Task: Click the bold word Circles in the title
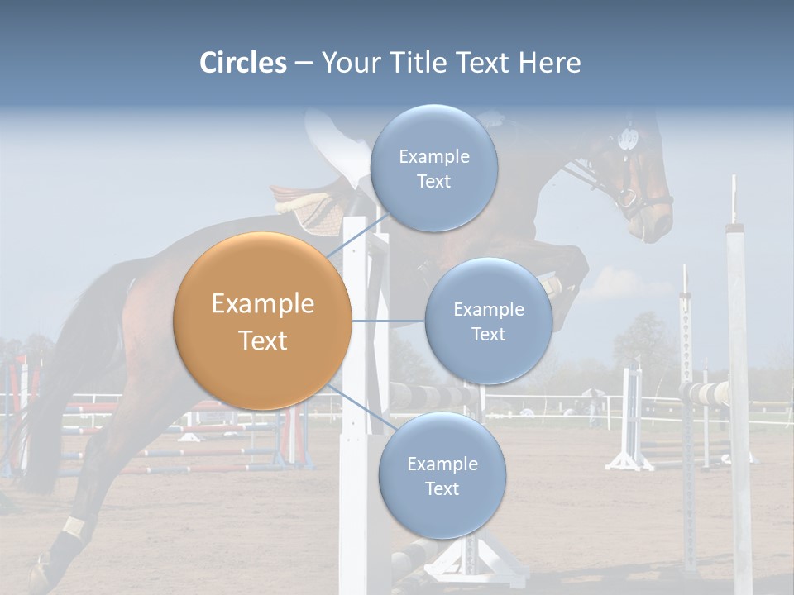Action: [x=243, y=63]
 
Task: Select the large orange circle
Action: [x=262, y=321]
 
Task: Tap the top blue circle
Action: [x=433, y=168]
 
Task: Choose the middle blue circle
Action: [x=488, y=321]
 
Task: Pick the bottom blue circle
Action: [x=442, y=475]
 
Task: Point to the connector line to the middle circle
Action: [x=388, y=321]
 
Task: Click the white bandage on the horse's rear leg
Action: [x=75, y=526]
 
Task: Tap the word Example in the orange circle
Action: [x=262, y=304]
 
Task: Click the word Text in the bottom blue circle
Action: [x=442, y=488]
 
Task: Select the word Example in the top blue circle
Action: [x=433, y=156]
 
